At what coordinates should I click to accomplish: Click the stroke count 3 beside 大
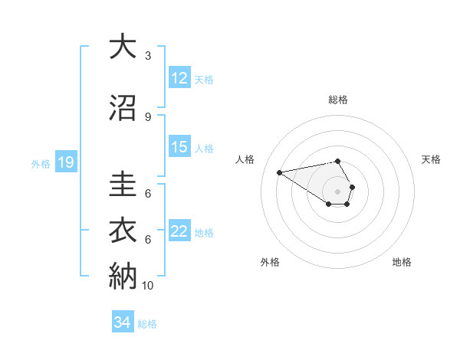click(148, 56)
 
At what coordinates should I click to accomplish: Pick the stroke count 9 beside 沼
click(148, 117)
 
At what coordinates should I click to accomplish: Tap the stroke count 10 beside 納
click(148, 285)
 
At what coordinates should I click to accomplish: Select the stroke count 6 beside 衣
click(148, 239)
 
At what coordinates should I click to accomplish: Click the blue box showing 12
click(179, 78)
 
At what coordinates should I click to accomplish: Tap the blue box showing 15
click(179, 147)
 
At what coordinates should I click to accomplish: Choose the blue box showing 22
click(179, 231)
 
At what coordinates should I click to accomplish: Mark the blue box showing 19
click(65, 162)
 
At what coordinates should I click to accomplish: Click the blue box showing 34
click(122, 322)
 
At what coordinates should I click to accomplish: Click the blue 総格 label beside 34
click(147, 324)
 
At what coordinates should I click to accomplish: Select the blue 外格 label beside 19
click(40, 163)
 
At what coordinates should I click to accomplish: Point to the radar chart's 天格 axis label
click(431, 159)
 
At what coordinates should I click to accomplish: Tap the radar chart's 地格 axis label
click(402, 262)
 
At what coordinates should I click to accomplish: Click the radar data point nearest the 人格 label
click(280, 172)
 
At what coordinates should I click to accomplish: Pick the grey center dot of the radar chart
click(337, 191)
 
